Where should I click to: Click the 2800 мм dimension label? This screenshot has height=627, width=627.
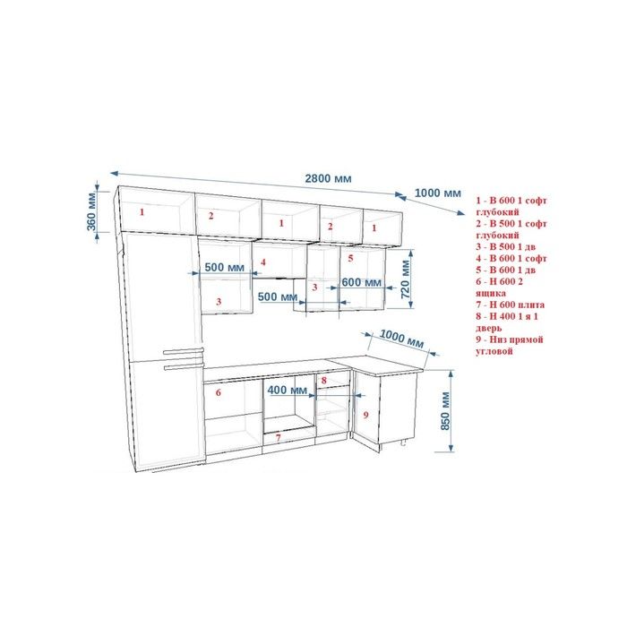pos(329,178)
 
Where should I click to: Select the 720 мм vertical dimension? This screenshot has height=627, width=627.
pos(405,279)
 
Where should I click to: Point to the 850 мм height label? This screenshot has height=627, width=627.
pos(445,410)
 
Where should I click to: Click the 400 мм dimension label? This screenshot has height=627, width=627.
pos(288,390)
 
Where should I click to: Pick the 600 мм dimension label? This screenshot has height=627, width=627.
pos(362,282)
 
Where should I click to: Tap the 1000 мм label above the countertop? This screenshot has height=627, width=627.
pos(401,339)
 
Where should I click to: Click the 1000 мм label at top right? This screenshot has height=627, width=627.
pos(438,193)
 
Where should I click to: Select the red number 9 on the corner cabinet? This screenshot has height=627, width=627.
pos(365,415)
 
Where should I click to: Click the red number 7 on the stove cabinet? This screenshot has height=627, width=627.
pos(279,437)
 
